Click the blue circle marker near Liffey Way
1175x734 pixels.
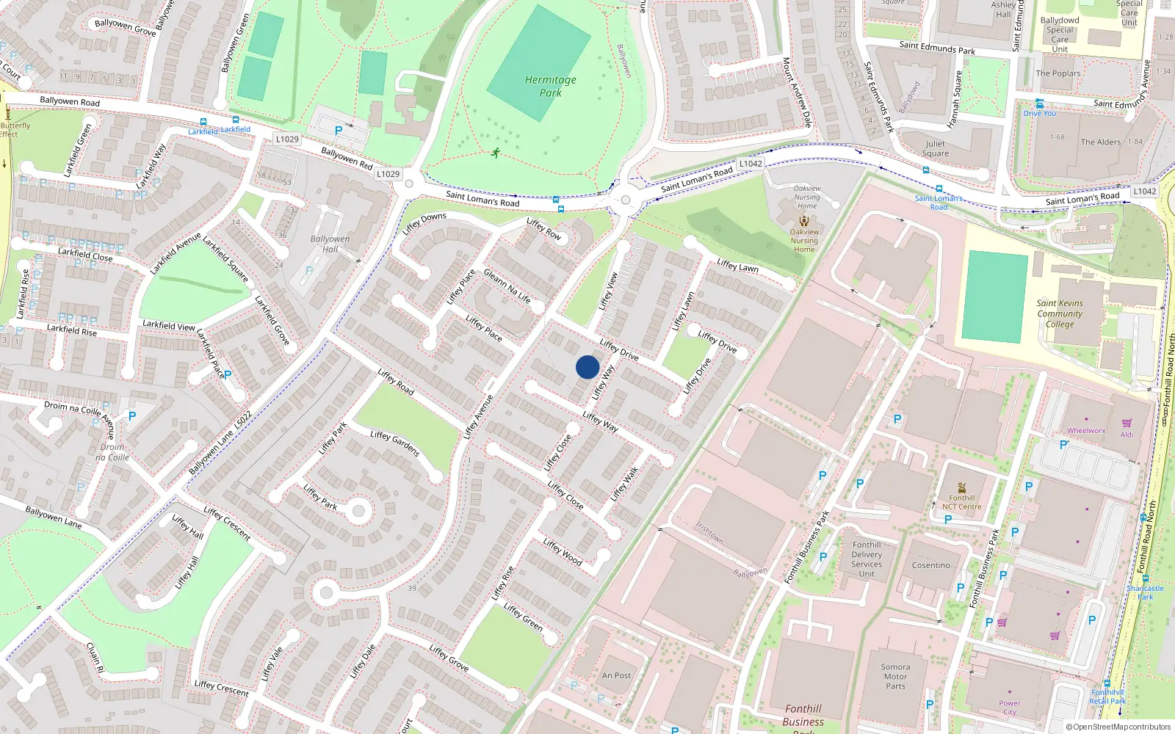tap(587, 367)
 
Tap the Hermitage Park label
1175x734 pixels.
tap(551, 86)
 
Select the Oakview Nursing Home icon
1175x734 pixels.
tap(804, 221)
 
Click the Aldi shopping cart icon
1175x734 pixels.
tap(1127, 423)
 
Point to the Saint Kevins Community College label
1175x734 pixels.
tap(1060, 313)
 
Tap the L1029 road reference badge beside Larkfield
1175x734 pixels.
tap(287, 139)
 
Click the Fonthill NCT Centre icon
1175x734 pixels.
tap(962, 488)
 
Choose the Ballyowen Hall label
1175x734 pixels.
tap(330, 244)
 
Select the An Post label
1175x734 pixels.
tap(616, 675)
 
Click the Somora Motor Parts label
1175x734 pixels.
tap(895, 677)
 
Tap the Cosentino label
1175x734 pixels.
tap(930, 565)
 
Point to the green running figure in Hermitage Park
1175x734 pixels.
tap(496, 153)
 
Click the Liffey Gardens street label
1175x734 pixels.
tap(395, 443)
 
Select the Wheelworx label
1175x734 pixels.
tap(1086, 431)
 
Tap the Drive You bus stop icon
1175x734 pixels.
tap(1039, 103)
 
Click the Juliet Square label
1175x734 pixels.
tap(936, 148)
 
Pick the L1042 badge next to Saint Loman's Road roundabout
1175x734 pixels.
tap(751, 164)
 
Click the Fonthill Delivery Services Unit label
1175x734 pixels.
tap(867, 559)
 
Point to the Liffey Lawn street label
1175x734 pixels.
tap(737, 266)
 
